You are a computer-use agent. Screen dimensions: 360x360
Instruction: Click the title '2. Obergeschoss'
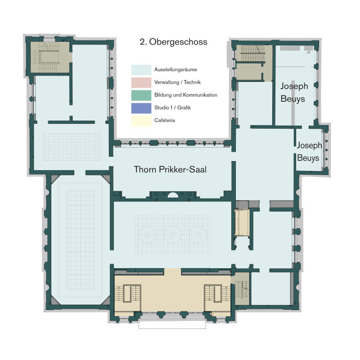(174, 42)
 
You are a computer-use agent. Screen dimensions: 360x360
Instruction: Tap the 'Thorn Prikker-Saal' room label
(170, 170)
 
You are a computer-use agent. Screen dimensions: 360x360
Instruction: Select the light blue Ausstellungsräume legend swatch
(141, 70)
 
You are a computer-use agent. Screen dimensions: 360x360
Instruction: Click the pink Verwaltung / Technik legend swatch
(141, 82)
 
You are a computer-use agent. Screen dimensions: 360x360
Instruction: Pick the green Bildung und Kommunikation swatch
(141, 95)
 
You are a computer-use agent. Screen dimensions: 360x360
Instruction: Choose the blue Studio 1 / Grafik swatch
(141, 108)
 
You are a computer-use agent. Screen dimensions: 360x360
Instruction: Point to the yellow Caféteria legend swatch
(141, 121)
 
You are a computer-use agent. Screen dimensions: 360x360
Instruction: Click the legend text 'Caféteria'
(165, 120)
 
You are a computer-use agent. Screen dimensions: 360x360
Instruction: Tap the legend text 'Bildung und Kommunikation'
(186, 95)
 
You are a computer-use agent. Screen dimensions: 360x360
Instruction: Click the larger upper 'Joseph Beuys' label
(294, 92)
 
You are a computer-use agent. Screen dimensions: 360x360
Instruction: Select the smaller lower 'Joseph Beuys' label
(309, 152)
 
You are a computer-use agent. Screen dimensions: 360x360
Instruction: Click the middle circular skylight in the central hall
(173, 234)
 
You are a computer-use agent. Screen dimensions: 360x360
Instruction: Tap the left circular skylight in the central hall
(147, 234)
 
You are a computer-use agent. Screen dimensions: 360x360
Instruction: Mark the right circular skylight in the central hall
(198, 234)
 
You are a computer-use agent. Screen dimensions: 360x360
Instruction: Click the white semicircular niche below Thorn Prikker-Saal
(173, 195)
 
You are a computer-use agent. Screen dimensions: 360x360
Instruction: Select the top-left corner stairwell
(50, 58)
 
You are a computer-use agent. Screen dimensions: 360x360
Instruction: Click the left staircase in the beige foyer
(128, 294)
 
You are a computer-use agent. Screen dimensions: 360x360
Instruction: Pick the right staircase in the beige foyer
(217, 294)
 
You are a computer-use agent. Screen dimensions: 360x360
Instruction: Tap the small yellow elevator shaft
(242, 222)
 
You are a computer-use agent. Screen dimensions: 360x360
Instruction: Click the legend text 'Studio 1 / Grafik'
(172, 108)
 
